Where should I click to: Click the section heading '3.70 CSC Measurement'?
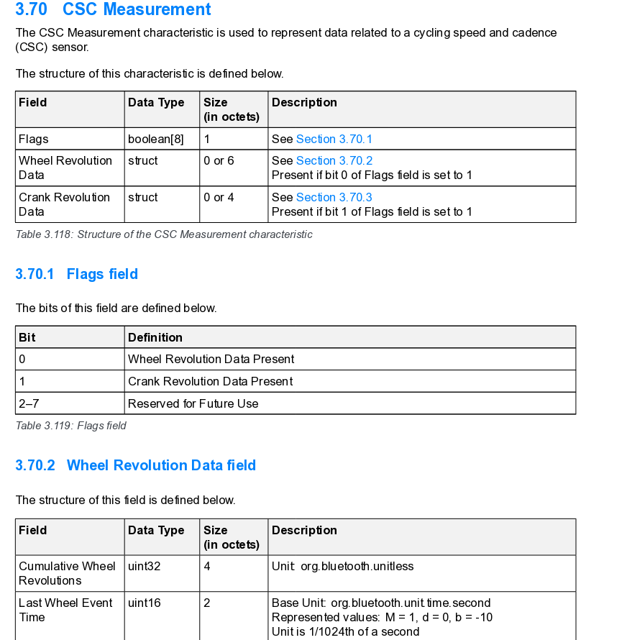click(113, 10)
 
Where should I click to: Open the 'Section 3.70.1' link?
click(334, 139)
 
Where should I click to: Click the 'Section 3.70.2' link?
click(334, 160)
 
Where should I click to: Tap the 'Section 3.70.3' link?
click(334, 197)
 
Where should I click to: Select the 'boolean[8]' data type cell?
click(155, 139)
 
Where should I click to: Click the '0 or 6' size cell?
click(219, 160)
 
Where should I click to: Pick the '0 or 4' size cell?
click(219, 197)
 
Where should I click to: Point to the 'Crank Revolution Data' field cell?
click(64, 204)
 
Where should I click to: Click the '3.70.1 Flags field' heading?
click(76, 274)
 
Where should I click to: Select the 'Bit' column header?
click(27, 337)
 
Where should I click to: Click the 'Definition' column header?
click(155, 337)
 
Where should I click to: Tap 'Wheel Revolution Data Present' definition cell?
click(211, 359)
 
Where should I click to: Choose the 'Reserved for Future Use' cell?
click(193, 403)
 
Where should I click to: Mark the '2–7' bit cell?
click(29, 403)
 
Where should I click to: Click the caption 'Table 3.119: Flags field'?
click(70, 426)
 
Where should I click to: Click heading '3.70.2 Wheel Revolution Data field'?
click(135, 465)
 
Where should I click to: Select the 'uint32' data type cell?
click(144, 566)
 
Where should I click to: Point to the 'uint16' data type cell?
click(144, 603)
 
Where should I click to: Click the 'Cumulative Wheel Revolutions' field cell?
click(67, 573)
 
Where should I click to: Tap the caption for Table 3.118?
click(164, 234)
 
